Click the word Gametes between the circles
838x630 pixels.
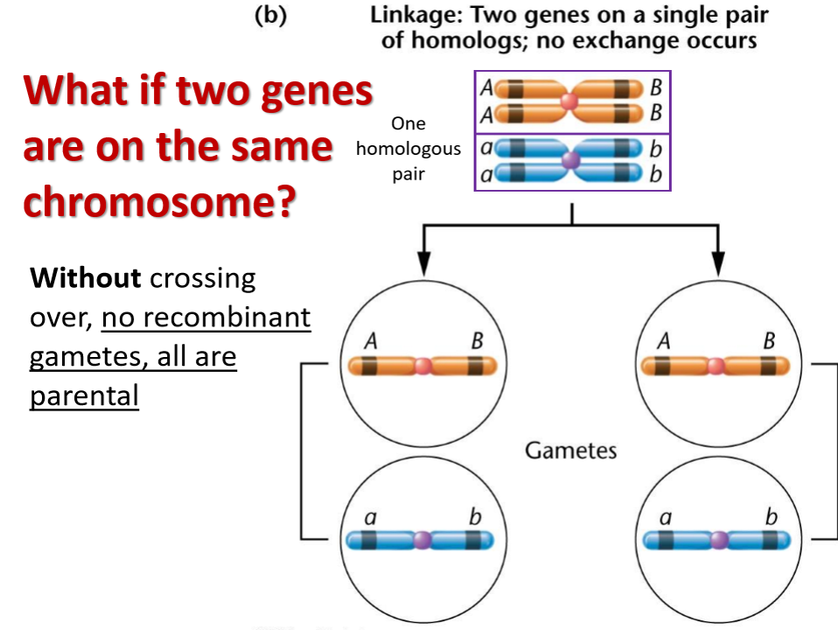click(x=570, y=451)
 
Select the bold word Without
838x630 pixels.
click(x=85, y=278)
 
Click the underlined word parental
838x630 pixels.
click(x=84, y=396)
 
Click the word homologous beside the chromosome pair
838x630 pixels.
click(x=409, y=149)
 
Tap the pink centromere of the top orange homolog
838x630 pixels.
click(x=569, y=101)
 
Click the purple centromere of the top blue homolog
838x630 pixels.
click(x=571, y=160)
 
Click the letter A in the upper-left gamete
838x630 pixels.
click(x=370, y=342)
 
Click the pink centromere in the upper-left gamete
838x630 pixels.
click(x=423, y=367)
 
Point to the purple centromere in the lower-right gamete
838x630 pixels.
click(x=718, y=540)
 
